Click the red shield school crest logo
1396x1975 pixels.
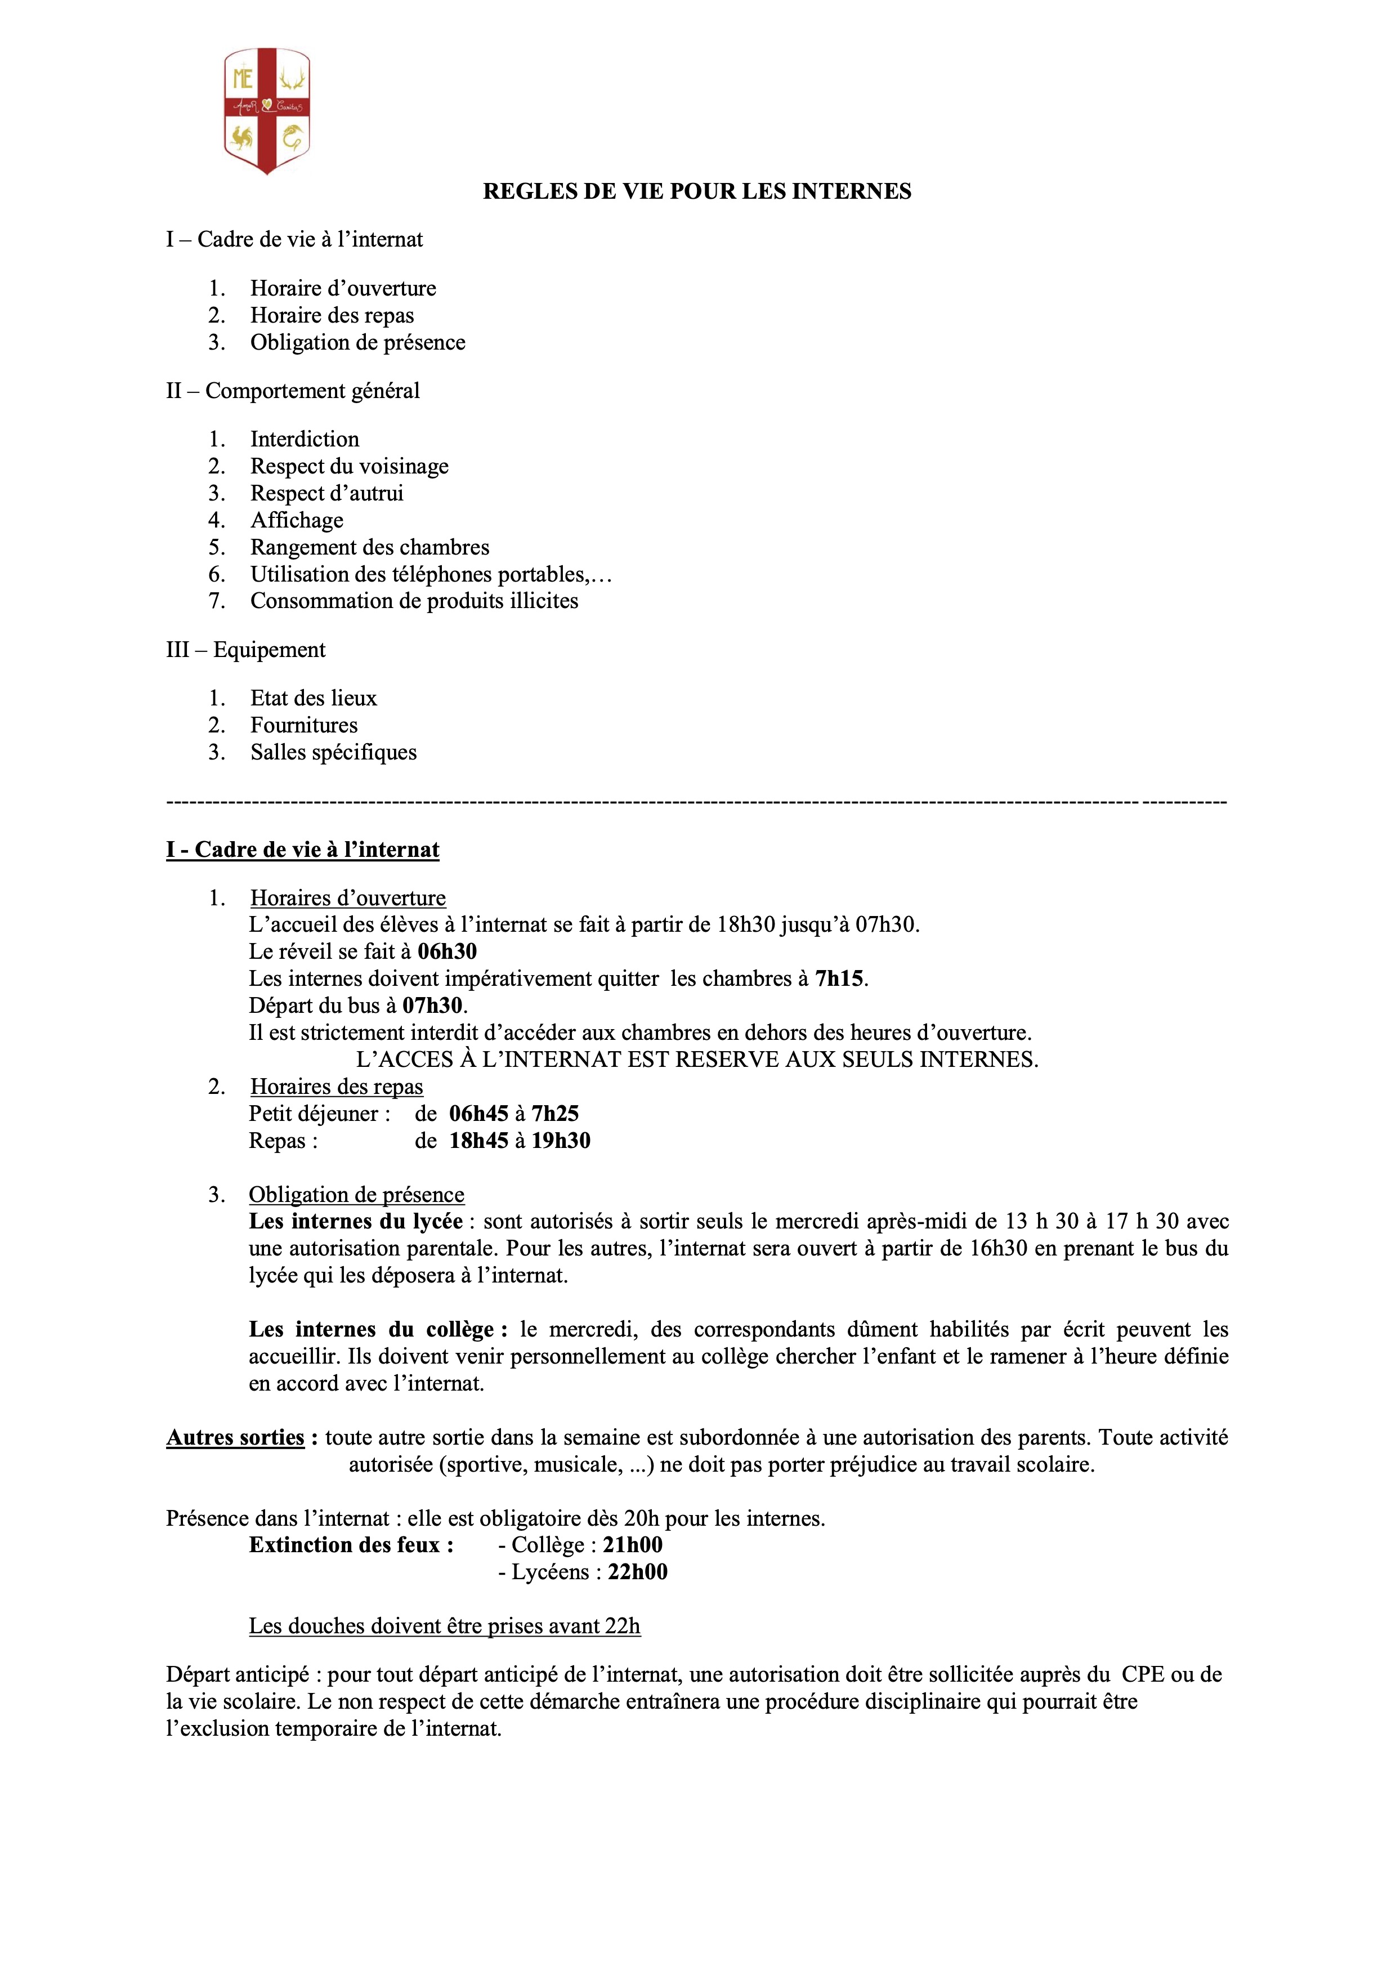[267, 110]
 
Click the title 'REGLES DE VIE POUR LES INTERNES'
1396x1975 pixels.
[697, 191]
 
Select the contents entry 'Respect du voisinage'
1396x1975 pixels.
[349, 466]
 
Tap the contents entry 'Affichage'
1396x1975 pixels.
[297, 520]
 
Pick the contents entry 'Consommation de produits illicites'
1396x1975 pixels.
[414, 601]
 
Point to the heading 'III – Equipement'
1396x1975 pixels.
[246, 650]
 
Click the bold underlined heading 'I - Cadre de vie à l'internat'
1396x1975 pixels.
[303, 850]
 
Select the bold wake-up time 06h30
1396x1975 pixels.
[448, 952]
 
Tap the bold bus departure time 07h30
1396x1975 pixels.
[433, 1006]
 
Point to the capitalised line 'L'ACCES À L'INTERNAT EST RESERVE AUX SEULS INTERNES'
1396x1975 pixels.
[697, 1060]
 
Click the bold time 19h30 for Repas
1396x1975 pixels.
[561, 1141]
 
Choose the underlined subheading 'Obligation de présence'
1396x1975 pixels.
[356, 1195]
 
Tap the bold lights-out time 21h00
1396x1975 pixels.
[632, 1545]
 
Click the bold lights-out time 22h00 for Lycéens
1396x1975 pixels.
[637, 1572]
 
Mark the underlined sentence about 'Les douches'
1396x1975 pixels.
[445, 1627]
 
